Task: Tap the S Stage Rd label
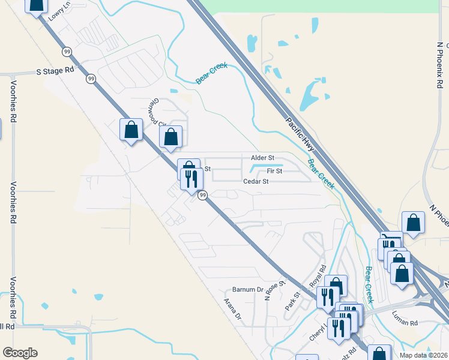(55, 70)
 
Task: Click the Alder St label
(262, 158)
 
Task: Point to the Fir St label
(274, 171)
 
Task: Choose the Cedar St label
(255, 181)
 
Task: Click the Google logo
(20, 353)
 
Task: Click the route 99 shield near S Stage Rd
(91, 79)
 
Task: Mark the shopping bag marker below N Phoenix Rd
(414, 223)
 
